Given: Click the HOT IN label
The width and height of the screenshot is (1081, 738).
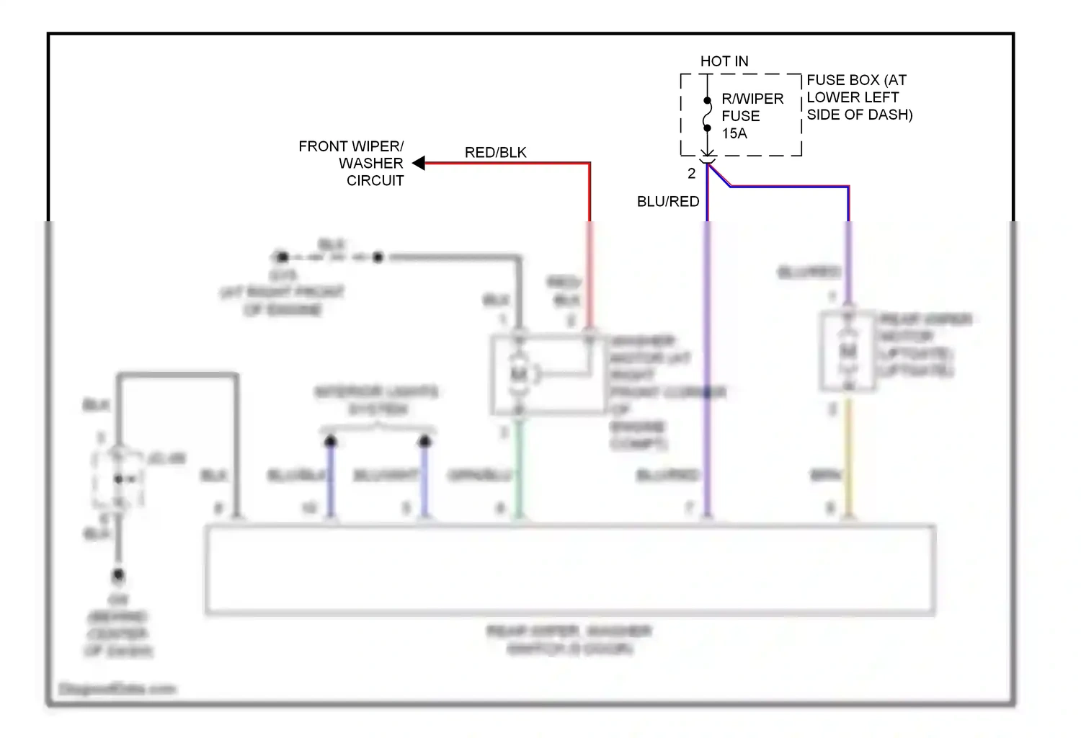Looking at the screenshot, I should tap(724, 62).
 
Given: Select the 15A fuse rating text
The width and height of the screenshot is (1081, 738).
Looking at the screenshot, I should tap(734, 133).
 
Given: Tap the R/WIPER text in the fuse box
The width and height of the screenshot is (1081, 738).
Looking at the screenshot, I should tap(752, 99).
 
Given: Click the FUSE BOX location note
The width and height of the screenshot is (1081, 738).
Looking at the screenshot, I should tap(859, 97).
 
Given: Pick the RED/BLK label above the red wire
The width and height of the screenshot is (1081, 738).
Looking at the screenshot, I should tap(495, 153).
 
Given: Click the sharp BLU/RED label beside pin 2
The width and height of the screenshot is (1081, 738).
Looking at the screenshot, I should tap(668, 202).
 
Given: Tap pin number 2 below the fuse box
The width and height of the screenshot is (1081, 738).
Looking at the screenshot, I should tap(692, 174).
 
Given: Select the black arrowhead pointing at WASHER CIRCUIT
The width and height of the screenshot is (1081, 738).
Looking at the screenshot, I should tap(418, 164).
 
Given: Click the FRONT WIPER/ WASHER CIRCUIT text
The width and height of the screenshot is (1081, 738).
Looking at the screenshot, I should tap(352, 164).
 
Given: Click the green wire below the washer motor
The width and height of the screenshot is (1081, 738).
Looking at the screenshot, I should tap(518, 468).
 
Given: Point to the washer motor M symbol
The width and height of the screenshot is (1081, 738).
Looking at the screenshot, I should tap(518, 374).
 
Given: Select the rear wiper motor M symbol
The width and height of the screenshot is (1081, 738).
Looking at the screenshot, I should tap(848, 352).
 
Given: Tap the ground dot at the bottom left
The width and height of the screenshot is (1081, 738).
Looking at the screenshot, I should tap(118, 576).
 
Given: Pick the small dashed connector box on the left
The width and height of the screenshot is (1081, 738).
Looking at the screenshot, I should tap(118, 479).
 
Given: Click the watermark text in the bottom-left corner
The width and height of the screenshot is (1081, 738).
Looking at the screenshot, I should tap(117, 689).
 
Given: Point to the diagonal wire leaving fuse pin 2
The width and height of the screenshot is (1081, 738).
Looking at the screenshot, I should tap(719, 176).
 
